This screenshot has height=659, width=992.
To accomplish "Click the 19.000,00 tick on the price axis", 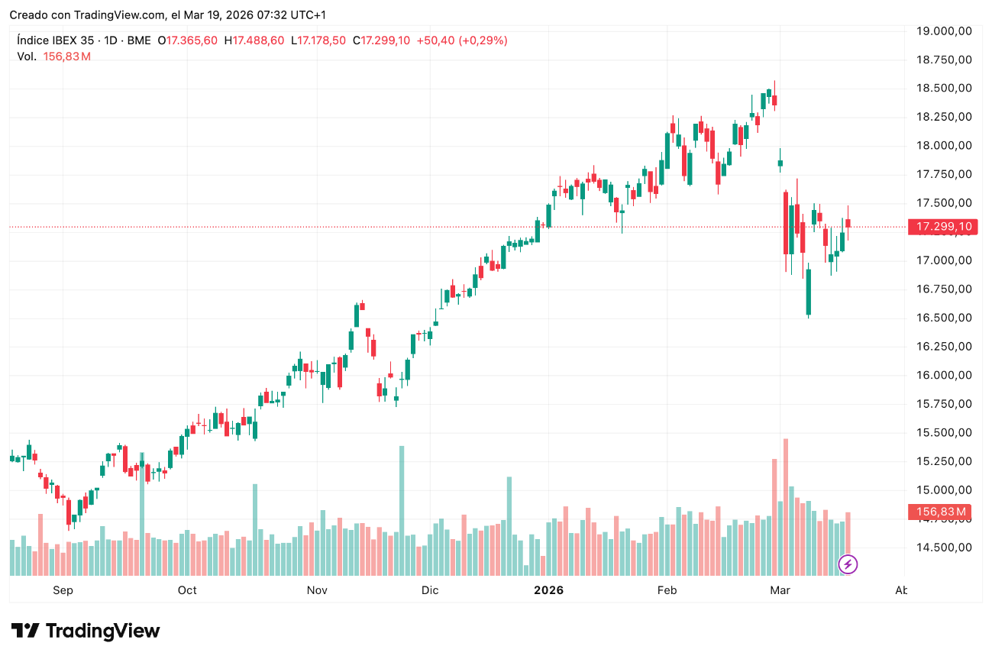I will pyautogui.click(x=943, y=31).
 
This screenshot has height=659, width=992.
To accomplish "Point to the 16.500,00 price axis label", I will pyautogui.click(x=943, y=318).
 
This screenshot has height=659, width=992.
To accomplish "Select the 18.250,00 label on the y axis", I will pyautogui.click(x=943, y=117).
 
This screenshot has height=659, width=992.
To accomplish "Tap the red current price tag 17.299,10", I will pyautogui.click(x=943, y=227).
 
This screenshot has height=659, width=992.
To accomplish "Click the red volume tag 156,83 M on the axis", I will pyautogui.click(x=937, y=512).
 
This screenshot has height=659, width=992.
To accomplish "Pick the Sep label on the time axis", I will pyautogui.click(x=63, y=590).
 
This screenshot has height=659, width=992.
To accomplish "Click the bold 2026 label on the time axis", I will pyautogui.click(x=548, y=590).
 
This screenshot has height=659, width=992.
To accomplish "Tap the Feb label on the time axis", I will pyautogui.click(x=667, y=590).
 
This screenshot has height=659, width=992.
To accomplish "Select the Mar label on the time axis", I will pyautogui.click(x=779, y=590).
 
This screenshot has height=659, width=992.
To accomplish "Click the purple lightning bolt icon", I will pyautogui.click(x=848, y=564).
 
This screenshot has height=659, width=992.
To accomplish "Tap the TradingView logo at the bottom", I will pyautogui.click(x=86, y=631).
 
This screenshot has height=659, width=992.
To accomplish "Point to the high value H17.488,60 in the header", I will pyautogui.click(x=254, y=40).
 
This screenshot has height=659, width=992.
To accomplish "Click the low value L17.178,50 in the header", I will pyautogui.click(x=318, y=40).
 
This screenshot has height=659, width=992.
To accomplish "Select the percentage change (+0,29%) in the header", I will pyautogui.click(x=483, y=40).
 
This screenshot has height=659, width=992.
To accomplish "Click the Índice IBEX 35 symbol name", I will pyautogui.click(x=58, y=40).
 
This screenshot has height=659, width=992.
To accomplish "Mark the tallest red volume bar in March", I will pyautogui.click(x=785, y=507).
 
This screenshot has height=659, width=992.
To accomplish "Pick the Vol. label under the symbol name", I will pyautogui.click(x=27, y=57).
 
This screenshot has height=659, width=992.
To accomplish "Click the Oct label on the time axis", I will pyautogui.click(x=187, y=590).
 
